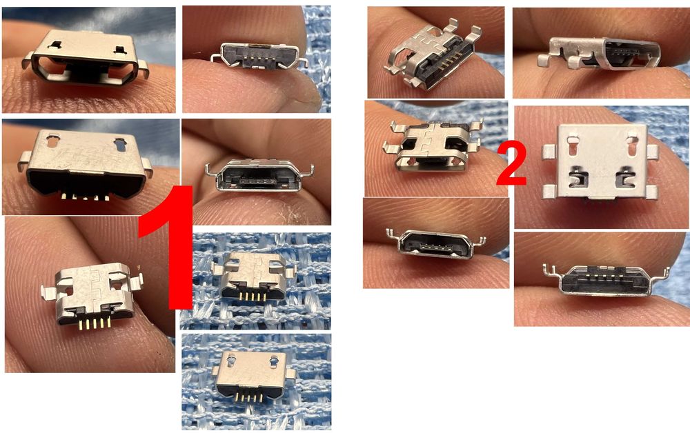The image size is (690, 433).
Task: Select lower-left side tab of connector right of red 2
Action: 550,191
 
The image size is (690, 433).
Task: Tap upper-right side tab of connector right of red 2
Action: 653,148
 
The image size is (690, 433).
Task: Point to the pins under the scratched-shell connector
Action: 86,197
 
